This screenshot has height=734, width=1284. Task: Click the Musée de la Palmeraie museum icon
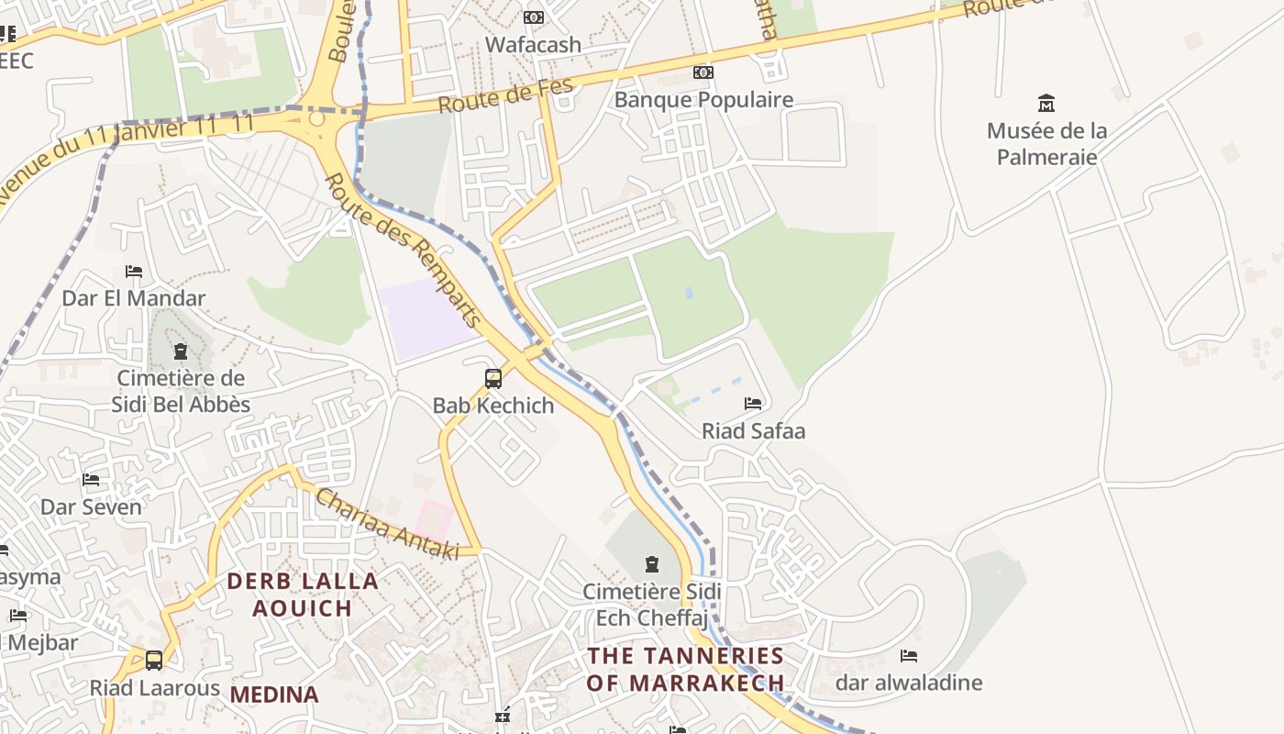pos(1046,103)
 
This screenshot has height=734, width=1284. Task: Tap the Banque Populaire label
pos(703,99)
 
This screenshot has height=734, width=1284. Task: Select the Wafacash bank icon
pos(533,17)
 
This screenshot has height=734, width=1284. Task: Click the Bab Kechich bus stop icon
pos(493,378)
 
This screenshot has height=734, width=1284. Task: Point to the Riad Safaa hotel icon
pos(753,404)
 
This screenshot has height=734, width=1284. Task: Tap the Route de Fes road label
pos(505,96)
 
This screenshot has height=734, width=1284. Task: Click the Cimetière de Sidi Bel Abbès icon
pos(180,351)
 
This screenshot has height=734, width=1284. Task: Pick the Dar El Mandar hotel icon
pos(134,272)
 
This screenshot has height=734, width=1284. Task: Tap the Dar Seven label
pos(91,506)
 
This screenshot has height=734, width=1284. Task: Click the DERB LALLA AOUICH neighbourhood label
pos(303,594)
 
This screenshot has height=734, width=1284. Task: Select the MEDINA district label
pos(274,695)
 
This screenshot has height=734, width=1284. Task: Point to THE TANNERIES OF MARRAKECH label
pos(686,669)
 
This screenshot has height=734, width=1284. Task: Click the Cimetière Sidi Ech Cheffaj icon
pos(651,563)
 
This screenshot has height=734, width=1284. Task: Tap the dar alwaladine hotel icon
pos(909,656)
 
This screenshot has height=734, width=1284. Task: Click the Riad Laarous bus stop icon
pos(154,661)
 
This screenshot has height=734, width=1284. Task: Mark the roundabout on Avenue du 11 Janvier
pos(317,118)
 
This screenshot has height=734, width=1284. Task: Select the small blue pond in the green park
pos(689,293)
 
